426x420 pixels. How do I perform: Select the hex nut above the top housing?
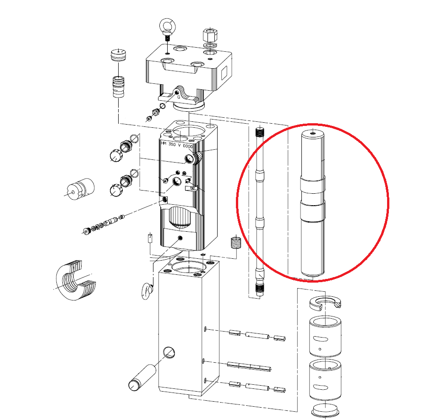click(209, 34)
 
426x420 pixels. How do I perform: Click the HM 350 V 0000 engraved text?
click(177, 145)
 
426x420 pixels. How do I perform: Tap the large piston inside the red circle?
click(313, 203)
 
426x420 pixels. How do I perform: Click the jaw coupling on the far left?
click(81, 189)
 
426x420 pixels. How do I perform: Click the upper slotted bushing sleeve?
click(325, 336)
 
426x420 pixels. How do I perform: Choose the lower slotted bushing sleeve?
click(325, 380)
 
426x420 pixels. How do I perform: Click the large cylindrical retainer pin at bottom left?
click(142, 378)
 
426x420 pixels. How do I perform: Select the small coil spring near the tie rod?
click(236, 242)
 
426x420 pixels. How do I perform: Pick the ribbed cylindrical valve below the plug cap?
click(119, 87)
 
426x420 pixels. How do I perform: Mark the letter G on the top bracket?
click(179, 97)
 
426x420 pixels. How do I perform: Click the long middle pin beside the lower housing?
click(249, 366)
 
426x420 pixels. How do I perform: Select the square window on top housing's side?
click(224, 73)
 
